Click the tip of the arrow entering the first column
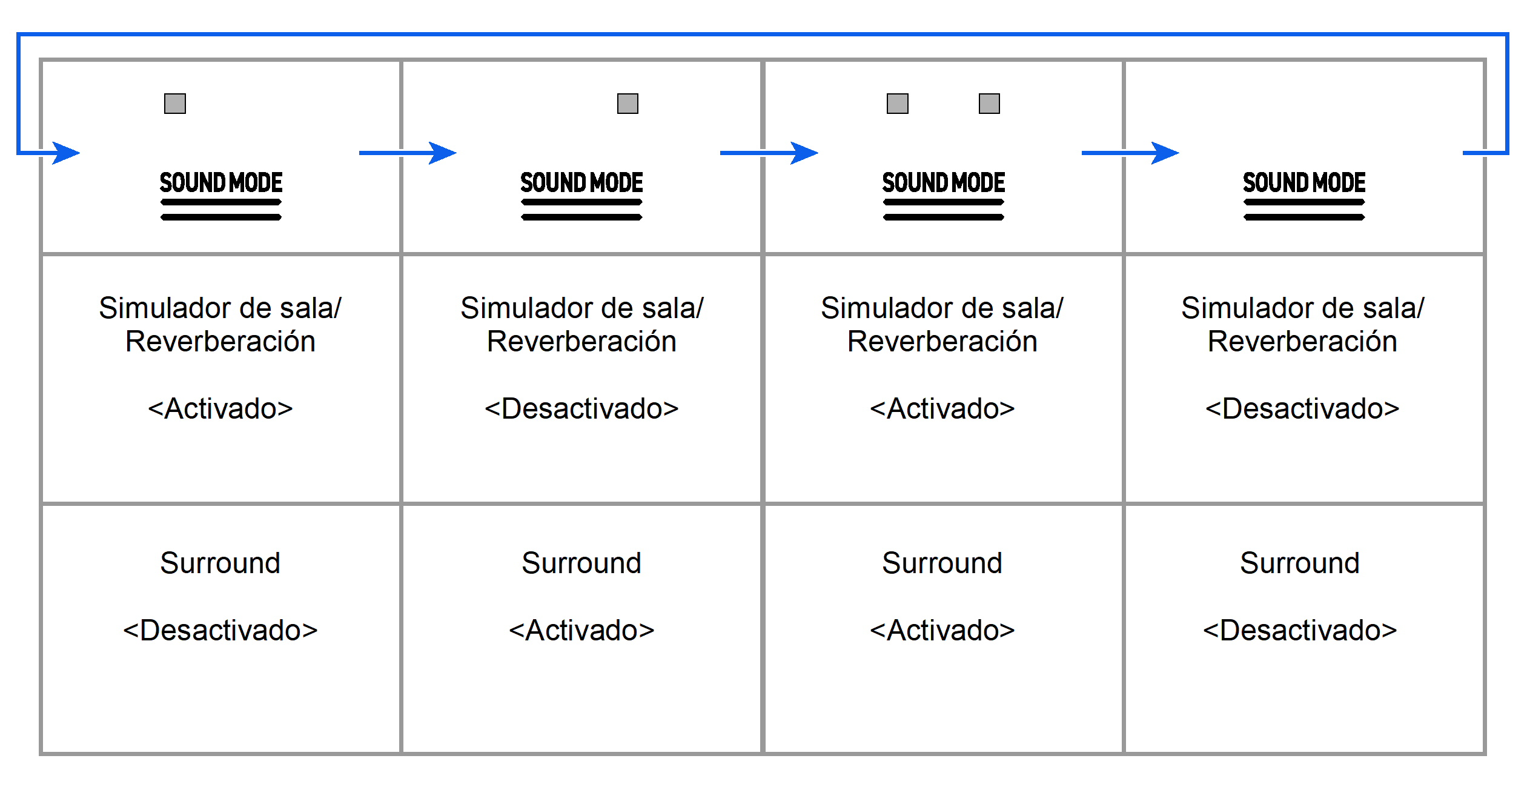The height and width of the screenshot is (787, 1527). point(80,153)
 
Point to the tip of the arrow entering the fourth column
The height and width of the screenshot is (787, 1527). point(1179,153)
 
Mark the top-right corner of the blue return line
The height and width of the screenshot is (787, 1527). point(1507,35)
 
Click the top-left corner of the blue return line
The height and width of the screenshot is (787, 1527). point(19,35)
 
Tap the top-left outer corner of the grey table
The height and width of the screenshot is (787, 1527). point(41,59)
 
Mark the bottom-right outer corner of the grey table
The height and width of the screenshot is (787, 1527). point(1485,754)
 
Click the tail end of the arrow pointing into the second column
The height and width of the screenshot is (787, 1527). point(359,153)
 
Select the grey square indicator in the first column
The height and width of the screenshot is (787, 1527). point(175,104)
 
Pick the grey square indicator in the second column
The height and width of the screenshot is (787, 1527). point(628,104)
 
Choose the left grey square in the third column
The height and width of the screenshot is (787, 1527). point(898,104)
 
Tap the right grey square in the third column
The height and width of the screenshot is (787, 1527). point(989,104)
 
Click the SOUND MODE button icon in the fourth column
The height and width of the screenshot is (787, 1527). point(1304,195)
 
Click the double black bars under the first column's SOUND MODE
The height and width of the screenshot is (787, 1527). point(221,210)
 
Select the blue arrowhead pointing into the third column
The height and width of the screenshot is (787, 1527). point(804,153)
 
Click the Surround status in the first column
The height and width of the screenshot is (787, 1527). point(220,630)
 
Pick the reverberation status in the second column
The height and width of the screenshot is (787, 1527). point(581,408)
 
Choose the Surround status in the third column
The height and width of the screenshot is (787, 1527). point(942,630)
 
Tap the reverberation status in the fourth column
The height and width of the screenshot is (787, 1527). point(1302,408)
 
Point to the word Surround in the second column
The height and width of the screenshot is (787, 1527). point(581,563)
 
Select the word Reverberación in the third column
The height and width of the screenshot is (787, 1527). point(942,341)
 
